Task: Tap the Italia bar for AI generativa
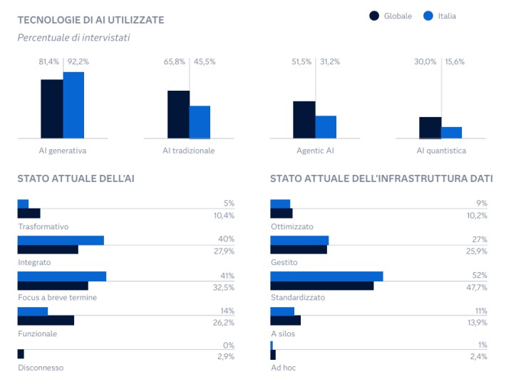pos(73,105)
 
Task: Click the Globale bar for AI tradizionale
pos(178,114)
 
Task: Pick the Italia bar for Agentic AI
pos(326,126)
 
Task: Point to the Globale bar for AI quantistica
pos(430,127)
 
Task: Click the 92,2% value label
pos(78,62)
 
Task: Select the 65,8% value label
pos(175,62)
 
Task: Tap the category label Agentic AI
pos(315,151)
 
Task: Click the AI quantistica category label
pos(441,151)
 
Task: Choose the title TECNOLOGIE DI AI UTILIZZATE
pos(91,20)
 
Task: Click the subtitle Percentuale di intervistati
pos(73,37)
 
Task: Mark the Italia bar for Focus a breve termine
pos(61,276)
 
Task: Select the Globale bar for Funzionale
pos(46,320)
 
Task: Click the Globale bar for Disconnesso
pos(21,353)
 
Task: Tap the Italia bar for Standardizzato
pos(326,276)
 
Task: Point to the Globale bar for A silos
pos(285,320)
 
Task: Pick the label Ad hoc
pos(283,368)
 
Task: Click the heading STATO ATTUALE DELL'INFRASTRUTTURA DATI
pos(381,179)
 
